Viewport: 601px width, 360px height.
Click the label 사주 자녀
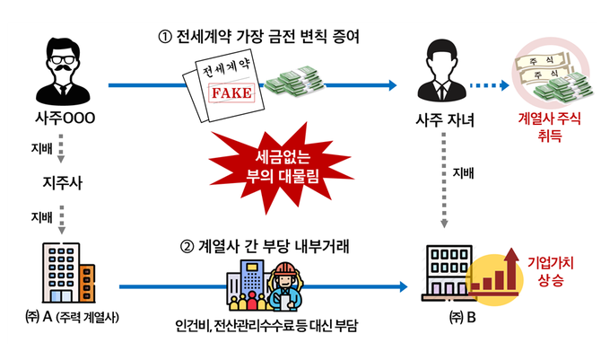pos(444,119)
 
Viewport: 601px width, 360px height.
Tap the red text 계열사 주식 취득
pos(547,126)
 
